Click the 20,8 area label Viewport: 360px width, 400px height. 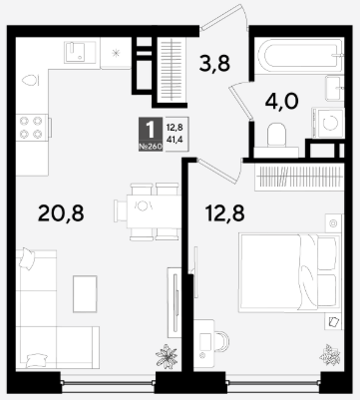[x=61, y=213]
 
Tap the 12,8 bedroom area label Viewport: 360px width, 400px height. [x=225, y=213]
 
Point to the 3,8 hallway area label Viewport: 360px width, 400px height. [x=214, y=63]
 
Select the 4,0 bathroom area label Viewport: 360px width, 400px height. [x=282, y=102]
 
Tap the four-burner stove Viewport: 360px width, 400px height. [x=33, y=128]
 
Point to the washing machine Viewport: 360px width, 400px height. [x=328, y=123]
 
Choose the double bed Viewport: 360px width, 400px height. [x=289, y=272]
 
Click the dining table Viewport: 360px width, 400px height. [x=154, y=211]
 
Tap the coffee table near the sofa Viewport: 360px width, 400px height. [x=85, y=294]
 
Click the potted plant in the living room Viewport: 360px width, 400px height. [x=167, y=356]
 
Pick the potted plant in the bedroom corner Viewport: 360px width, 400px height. [x=329, y=355]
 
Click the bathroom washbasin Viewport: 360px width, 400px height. [x=334, y=88]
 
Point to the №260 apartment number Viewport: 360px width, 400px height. [x=151, y=147]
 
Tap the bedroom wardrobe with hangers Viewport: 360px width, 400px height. [x=299, y=178]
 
